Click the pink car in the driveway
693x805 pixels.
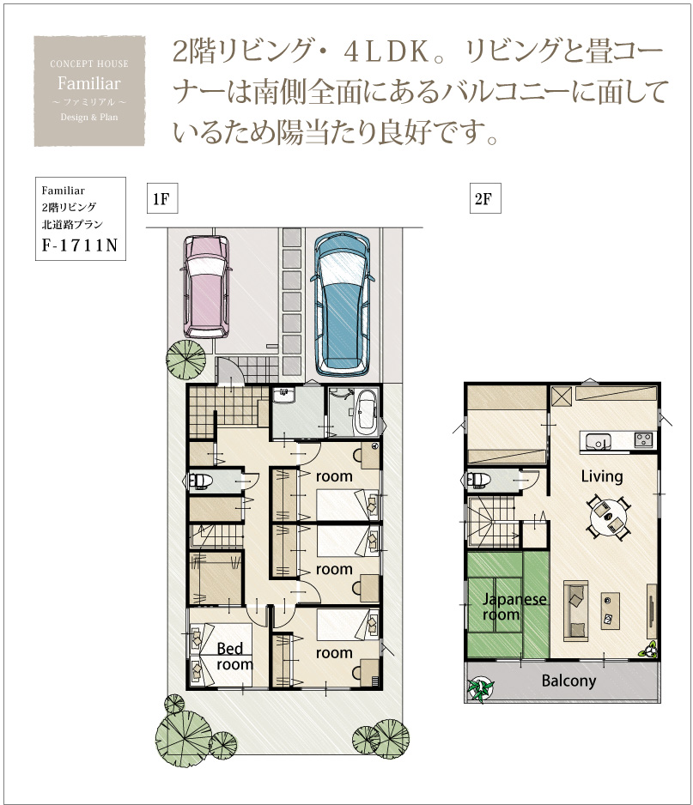(x=206, y=287)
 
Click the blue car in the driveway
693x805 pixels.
(x=341, y=304)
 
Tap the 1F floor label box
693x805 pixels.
(x=161, y=198)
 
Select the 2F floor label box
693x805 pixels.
(x=485, y=198)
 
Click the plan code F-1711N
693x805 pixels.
(x=80, y=245)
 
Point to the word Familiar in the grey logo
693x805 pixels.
(x=89, y=82)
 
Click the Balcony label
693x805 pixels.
(x=568, y=681)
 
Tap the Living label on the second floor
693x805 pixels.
(x=602, y=476)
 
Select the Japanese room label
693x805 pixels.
(x=514, y=606)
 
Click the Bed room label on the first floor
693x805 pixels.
(x=234, y=657)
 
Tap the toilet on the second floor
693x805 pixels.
(x=478, y=480)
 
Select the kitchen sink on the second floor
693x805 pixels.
(x=597, y=441)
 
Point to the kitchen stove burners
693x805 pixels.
(x=643, y=440)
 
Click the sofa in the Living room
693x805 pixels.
(x=575, y=611)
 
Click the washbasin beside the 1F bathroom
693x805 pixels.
(x=283, y=395)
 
